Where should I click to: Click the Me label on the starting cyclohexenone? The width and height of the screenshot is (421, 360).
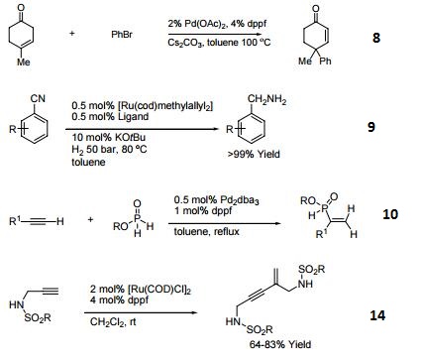click(24, 63)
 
